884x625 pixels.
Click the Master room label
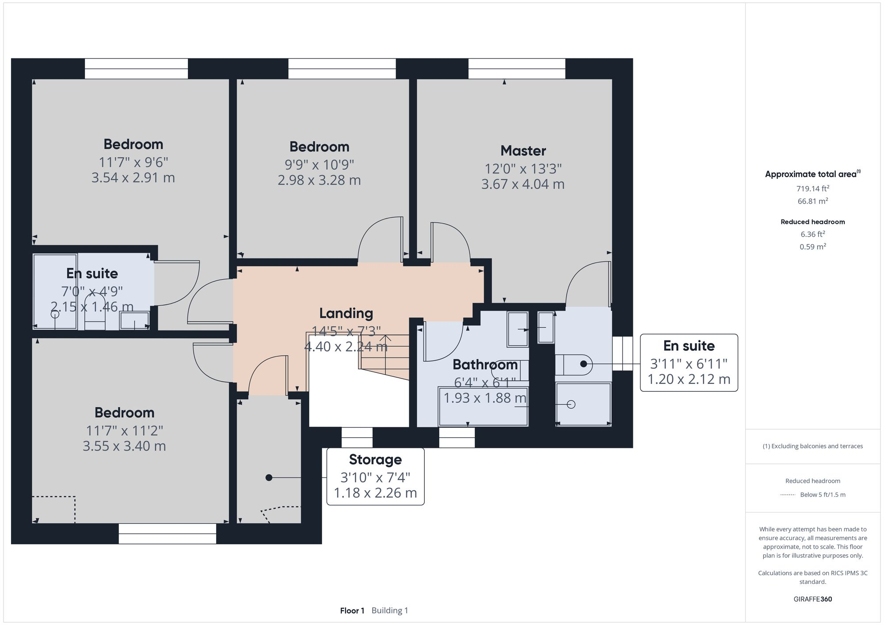point(523,151)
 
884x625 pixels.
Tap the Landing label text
point(346,313)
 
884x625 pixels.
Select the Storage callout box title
point(375,459)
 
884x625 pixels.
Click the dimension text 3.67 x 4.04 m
point(523,184)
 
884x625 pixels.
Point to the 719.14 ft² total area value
point(812,189)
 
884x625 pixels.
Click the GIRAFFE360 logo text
point(812,599)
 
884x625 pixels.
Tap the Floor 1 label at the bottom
point(352,610)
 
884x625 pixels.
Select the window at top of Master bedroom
point(517,69)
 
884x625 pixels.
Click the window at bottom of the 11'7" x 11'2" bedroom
point(167,534)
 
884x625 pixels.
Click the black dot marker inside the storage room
point(269,477)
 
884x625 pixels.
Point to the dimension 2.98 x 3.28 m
point(319,180)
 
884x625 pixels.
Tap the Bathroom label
point(485,365)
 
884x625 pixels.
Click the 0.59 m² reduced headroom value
point(812,246)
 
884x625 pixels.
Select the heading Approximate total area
point(811,174)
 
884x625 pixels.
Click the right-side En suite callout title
point(689,346)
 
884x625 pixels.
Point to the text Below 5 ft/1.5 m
point(823,495)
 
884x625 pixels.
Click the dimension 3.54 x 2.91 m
point(133,178)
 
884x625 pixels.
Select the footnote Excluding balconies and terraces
point(812,446)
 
